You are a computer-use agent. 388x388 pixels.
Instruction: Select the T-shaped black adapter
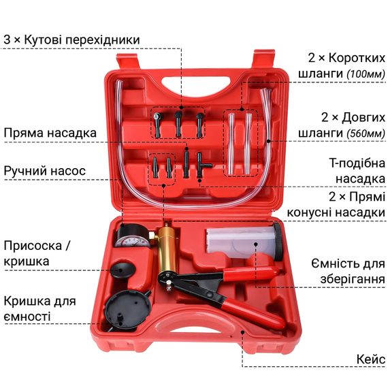(203, 165)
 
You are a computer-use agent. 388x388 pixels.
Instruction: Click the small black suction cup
(123, 270)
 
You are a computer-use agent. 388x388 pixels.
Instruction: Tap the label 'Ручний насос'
(44, 171)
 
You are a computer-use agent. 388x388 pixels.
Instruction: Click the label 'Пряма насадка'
(50, 133)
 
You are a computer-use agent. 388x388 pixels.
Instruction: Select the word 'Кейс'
(371, 359)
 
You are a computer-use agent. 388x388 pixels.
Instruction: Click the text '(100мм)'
(366, 74)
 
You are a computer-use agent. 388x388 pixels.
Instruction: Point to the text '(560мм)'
(366, 133)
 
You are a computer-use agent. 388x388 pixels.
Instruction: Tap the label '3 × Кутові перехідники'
(71, 40)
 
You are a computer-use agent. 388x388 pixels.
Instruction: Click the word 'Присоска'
(33, 246)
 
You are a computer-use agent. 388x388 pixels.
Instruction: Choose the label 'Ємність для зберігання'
(348, 272)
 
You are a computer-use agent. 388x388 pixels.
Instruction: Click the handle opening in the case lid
(195, 84)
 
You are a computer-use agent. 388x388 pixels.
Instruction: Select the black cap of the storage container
(278, 242)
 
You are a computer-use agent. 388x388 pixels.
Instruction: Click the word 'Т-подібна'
(357, 163)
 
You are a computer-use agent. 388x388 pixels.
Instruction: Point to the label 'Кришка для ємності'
(39, 309)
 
